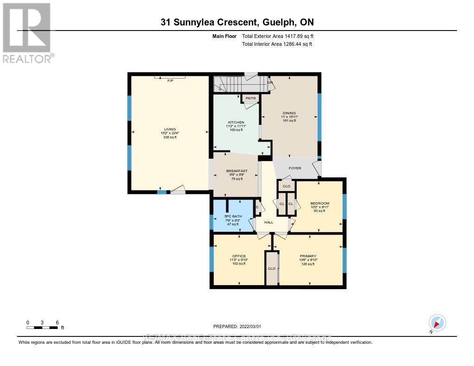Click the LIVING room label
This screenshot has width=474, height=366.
click(169, 130)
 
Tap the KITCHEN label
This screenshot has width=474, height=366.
click(236, 122)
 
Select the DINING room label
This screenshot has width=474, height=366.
click(289, 112)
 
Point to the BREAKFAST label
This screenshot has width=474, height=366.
click(237, 171)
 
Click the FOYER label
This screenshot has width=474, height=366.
click(295, 168)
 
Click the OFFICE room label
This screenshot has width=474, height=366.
click(239, 256)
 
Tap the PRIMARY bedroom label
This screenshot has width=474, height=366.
click(308, 256)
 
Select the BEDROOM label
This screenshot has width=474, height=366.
click(320, 204)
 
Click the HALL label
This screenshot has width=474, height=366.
click(268, 222)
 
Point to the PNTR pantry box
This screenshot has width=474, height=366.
click(251, 99)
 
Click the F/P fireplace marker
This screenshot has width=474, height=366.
click(170, 81)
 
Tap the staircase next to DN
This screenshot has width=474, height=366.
click(241, 84)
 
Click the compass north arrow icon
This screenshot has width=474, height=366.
click(437, 323)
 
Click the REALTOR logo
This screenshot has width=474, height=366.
click(28, 32)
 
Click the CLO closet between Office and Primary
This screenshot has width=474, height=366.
click(272, 268)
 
